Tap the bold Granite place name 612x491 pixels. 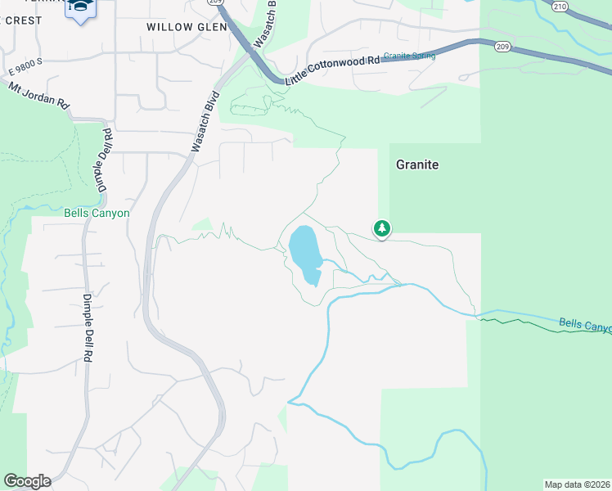tap(417, 164)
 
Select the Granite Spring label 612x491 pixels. tap(409, 56)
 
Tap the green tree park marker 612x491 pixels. tap(381, 229)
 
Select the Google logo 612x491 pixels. tap(27, 481)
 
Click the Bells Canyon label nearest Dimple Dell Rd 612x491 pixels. tap(97, 214)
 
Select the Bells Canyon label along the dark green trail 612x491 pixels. tap(584, 325)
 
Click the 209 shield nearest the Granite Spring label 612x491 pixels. tap(502, 47)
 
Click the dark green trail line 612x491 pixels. tap(524, 320)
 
